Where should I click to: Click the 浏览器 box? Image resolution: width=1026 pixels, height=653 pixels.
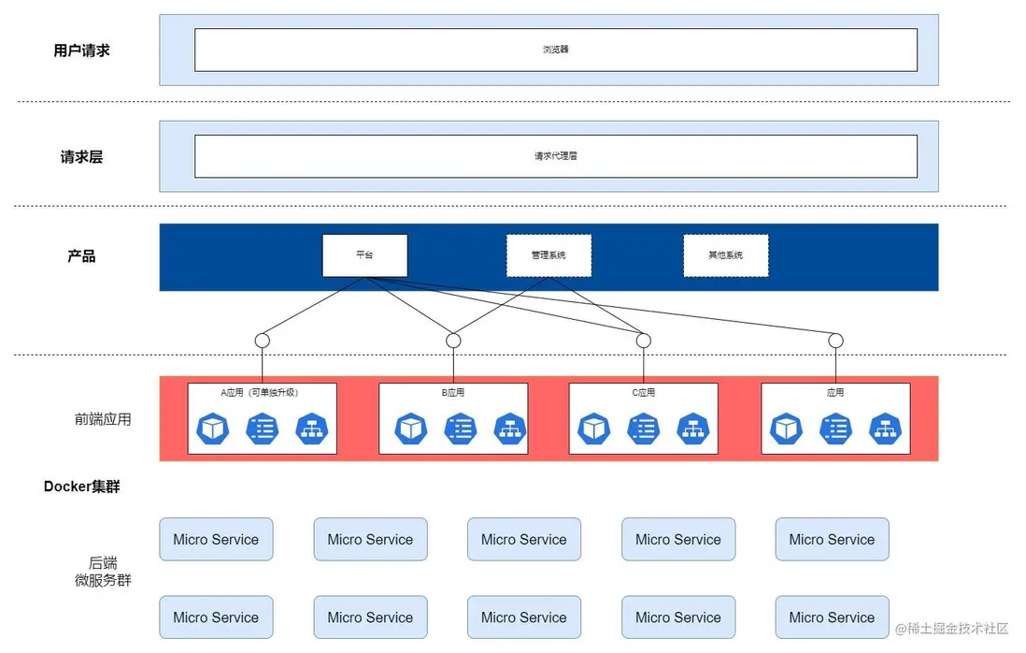(555, 50)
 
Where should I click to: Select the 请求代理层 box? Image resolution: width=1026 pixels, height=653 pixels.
(555, 156)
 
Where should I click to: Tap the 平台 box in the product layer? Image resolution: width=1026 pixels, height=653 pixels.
(364, 255)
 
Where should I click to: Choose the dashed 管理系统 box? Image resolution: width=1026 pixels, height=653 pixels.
(549, 255)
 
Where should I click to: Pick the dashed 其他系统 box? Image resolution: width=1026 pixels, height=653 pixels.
(725, 255)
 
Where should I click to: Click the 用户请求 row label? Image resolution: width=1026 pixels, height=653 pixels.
(81, 51)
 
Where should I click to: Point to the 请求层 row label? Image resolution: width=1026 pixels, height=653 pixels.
(81, 157)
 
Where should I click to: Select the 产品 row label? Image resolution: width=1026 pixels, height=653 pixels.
(81, 256)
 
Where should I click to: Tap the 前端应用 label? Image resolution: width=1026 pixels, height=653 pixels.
(103, 419)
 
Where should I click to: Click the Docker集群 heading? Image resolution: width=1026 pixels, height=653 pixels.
(81, 486)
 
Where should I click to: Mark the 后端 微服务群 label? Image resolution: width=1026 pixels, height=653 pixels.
(103, 572)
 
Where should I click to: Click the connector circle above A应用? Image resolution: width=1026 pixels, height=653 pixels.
(263, 341)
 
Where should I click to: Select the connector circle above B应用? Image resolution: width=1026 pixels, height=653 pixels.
(453, 341)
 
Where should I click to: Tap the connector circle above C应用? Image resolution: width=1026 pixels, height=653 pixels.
(643, 341)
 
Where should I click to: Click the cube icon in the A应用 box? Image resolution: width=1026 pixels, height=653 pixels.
(212, 428)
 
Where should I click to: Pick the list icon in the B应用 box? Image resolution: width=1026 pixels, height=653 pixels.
(460, 428)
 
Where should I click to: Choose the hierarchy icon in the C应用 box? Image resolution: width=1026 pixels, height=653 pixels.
(692, 428)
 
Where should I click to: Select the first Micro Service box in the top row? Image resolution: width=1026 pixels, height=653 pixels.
(216, 540)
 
